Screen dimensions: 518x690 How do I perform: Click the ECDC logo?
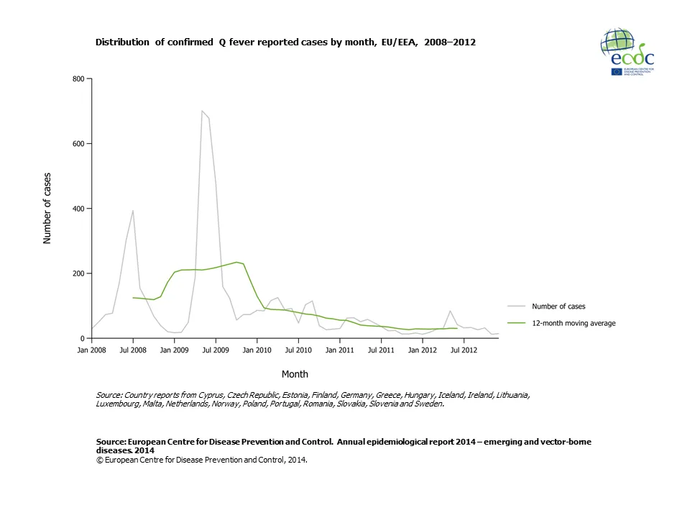(627, 54)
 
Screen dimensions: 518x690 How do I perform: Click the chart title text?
(285, 42)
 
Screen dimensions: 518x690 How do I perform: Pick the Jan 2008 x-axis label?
(91, 350)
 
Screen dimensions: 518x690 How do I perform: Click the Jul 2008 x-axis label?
(133, 350)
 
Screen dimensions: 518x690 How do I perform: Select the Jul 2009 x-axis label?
(216, 350)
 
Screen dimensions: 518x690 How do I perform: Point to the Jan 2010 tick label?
(257, 350)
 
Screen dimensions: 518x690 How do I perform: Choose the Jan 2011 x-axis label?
(339, 350)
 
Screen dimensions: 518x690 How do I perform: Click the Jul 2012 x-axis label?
(464, 350)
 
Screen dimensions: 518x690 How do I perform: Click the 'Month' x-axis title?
(295, 374)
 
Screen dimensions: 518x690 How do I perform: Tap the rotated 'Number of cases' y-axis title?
(47, 209)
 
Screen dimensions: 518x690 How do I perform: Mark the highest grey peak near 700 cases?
(202, 111)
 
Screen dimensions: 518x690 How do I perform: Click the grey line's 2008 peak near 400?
(133, 211)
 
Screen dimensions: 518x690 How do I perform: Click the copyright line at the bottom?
(201, 461)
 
